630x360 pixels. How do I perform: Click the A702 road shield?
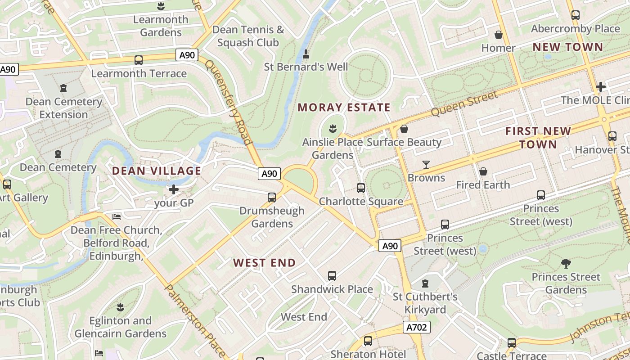coord(416,327)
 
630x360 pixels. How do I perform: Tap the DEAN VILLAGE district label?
coord(156,171)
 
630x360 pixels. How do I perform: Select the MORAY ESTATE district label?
coord(344,108)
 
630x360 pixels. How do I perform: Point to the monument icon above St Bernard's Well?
coord(306,54)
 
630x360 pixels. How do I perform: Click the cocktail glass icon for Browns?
coord(426,165)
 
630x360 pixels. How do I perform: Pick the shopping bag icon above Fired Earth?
coord(483,171)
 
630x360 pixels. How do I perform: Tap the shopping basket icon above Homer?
coord(498,35)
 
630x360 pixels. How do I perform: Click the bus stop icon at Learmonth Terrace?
coord(139,60)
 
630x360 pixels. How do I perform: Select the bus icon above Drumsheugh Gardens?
coord(271,198)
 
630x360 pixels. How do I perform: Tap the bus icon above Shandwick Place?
coord(332,276)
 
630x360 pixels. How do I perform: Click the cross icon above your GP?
coord(174,189)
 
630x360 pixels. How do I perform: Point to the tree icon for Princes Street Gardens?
coord(566,264)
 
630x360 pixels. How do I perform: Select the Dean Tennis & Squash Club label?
coord(248,36)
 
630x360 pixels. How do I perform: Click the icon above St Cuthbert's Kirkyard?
coord(425,283)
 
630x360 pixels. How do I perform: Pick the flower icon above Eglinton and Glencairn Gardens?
coord(120,307)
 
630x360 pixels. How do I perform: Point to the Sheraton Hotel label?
coord(368,355)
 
